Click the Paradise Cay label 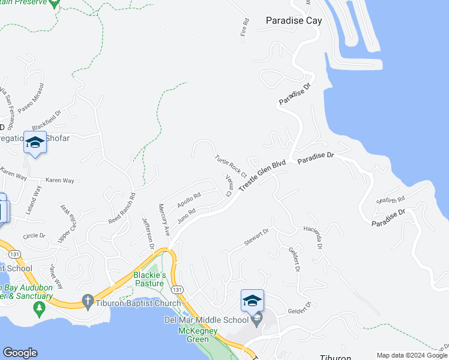tap(294, 20)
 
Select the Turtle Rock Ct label tap(231, 166)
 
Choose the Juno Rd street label tap(187, 214)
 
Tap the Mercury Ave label tap(164, 219)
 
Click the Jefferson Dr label tap(148, 233)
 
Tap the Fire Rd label tap(245, 28)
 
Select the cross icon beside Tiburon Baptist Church tap(88, 300)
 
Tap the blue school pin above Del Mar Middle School tap(252, 300)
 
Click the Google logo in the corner tap(20, 353)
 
